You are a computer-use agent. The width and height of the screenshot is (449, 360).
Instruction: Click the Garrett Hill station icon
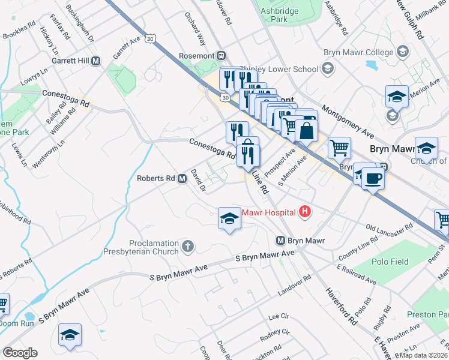point(95,61)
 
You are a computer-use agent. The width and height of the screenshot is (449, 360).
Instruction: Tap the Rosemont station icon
point(221,56)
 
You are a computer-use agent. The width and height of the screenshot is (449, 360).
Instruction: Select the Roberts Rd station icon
point(181,178)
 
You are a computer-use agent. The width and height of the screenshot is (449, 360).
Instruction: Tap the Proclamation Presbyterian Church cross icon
point(188,245)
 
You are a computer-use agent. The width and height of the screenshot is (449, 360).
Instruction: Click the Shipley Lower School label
point(279,69)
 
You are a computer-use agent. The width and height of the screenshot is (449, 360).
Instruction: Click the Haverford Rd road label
point(341,306)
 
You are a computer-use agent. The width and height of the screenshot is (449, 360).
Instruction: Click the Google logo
point(20,353)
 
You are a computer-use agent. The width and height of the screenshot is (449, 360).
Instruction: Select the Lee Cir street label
point(279,316)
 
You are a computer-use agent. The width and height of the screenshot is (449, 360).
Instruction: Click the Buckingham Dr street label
point(80,23)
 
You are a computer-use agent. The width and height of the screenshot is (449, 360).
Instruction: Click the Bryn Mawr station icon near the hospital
point(280,241)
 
